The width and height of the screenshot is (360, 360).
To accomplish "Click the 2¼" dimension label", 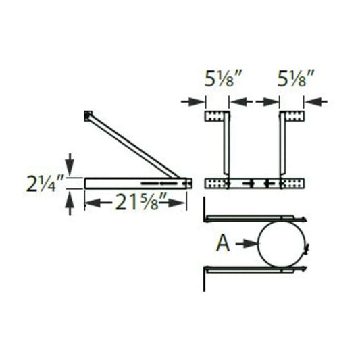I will click(x=51, y=182).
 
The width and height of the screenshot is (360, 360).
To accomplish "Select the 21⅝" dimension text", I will click(x=135, y=202).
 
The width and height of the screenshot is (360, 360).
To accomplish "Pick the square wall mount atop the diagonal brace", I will click(x=86, y=116).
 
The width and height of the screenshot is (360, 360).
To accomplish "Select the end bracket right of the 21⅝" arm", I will click(x=189, y=182).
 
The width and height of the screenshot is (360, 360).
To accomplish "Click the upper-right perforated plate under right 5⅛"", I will click(x=291, y=117).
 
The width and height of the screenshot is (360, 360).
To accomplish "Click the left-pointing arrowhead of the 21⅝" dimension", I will click(x=92, y=202).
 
